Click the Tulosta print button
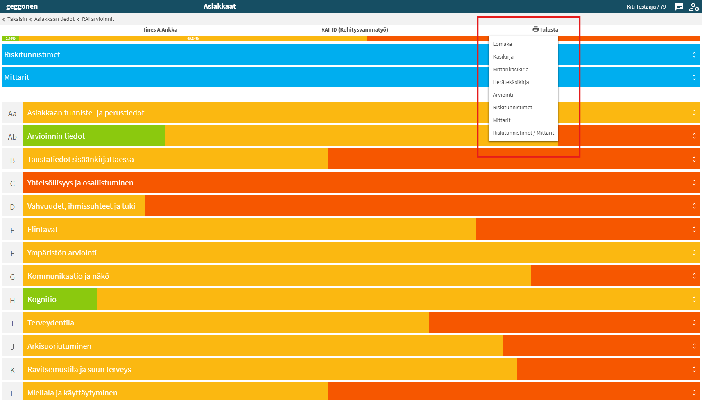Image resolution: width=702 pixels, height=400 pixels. point(545,29)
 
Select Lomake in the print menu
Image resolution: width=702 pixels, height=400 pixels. point(502,44)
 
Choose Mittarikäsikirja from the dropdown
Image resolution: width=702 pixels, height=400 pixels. point(510,70)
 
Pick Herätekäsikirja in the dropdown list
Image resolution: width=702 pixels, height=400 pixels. point(511,82)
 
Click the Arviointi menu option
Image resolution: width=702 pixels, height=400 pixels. point(503,95)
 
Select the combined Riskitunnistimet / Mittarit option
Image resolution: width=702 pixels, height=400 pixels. point(523,133)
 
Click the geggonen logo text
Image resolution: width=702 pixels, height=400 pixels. point(22,6)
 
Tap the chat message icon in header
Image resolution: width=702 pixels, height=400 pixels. point(679,7)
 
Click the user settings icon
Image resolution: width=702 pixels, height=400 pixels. point(694,7)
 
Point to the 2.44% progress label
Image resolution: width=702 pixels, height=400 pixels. point(10,38)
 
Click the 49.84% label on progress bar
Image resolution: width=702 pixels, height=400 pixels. point(193,38)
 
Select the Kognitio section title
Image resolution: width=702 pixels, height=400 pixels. point(42,299)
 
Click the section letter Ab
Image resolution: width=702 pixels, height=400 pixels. point(12,137)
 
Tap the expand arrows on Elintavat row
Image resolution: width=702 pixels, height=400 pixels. point(694,229)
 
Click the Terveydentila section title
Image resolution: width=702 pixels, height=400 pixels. point(50,323)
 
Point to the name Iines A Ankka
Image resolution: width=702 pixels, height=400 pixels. point(161,30)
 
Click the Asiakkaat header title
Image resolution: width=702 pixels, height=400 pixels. point(220,6)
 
